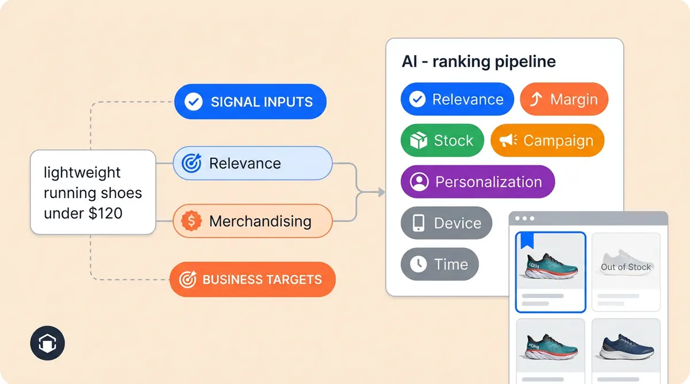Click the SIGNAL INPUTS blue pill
point(250,102)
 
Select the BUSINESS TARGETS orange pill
point(252,280)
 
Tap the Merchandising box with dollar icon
point(252,221)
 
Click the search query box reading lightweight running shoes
point(93,192)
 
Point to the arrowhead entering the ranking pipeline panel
point(381,192)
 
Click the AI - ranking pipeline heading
point(478,62)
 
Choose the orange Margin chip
point(564,99)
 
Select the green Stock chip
point(442,141)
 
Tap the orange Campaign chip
point(547,141)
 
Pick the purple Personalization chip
point(477,182)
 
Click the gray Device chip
point(446,223)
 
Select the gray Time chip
point(439,264)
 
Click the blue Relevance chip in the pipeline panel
point(457,99)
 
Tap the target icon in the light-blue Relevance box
point(191,164)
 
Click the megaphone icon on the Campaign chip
point(508,141)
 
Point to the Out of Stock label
point(626,267)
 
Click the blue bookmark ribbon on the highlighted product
point(527,241)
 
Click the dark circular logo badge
point(47,344)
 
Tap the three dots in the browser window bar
point(525,219)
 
